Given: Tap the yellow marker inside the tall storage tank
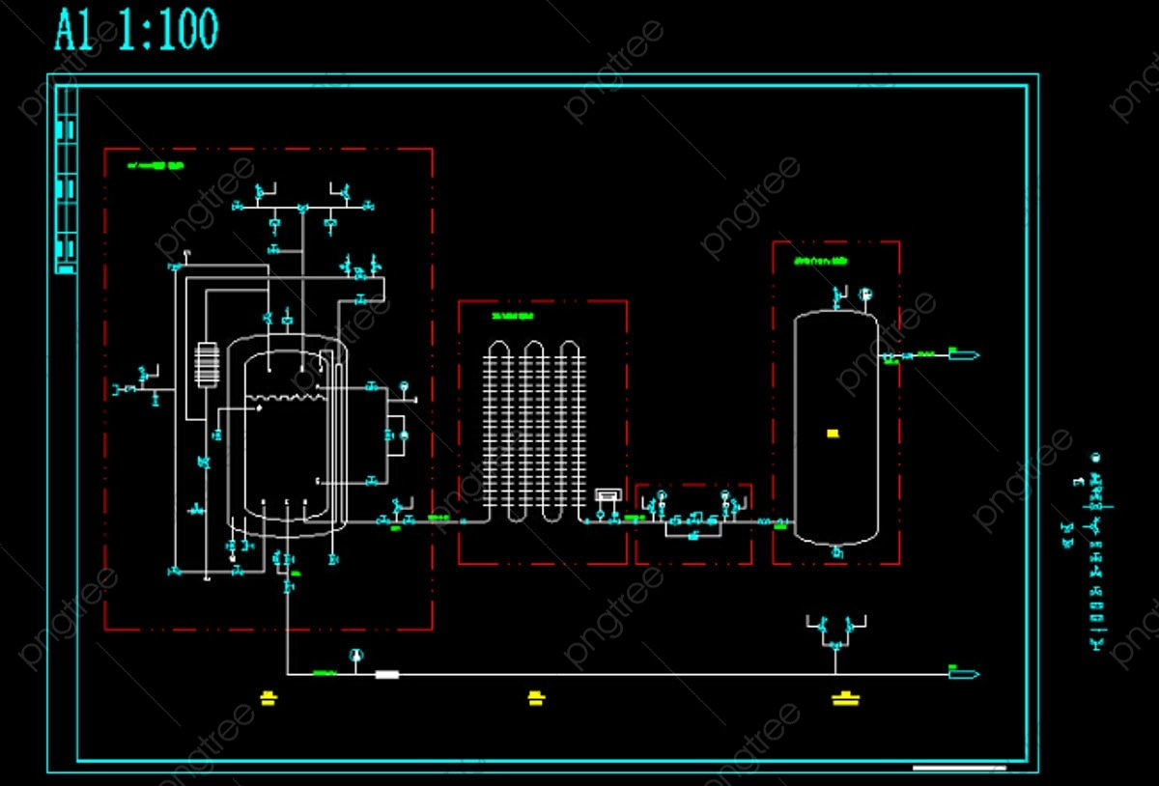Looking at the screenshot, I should [833, 434].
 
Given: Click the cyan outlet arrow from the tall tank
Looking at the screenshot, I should [964, 355].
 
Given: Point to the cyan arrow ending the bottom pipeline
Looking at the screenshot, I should [964, 674].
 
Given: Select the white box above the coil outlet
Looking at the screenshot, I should [608, 495].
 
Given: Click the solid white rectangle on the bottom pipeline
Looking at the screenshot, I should [386, 674].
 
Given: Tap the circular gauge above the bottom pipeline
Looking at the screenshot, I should [356, 656].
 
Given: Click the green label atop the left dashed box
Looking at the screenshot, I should [155, 166].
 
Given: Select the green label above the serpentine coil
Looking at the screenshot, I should [512, 316].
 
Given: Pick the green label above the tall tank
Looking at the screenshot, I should [821, 261].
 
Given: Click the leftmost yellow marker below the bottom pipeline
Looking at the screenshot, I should [269, 697].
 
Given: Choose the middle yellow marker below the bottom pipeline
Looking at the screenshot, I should [536, 697].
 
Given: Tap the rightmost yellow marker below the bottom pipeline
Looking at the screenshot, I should [846, 697].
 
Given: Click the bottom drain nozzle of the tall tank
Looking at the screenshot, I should [837, 552].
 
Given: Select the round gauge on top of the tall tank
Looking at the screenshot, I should [864, 294].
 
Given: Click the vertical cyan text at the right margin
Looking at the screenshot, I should [1096, 550].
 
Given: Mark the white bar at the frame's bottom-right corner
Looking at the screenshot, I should [959, 769].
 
